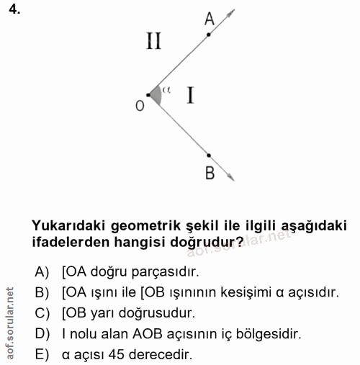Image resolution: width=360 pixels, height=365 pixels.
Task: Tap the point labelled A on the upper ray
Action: (x=209, y=34)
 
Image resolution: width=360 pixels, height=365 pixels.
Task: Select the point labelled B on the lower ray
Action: (x=209, y=155)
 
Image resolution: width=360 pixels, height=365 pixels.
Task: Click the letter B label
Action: (x=209, y=173)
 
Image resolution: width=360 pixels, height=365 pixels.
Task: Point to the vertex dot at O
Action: (x=148, y=94)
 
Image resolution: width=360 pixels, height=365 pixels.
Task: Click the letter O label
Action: (x=139, y=105)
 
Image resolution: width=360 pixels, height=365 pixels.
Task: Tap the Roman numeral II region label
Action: (x=153, y=42)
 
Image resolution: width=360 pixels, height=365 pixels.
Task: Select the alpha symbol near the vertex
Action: (x=166, y=90)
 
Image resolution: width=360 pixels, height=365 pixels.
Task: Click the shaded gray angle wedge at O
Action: (x=156, y=94)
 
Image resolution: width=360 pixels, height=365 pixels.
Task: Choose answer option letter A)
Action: (x=40, y=272)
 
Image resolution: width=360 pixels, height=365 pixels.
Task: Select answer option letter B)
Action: (x=40, y=293)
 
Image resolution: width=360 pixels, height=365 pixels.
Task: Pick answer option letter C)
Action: (x=40, y=314)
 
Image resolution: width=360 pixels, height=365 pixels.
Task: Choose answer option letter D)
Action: (x=40, y=335)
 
